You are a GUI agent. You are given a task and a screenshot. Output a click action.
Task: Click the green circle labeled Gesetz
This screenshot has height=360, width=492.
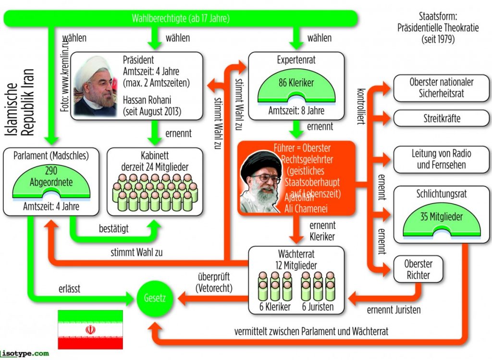[x=154, y=298]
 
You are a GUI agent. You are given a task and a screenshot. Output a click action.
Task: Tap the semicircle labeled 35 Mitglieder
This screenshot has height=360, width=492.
[x=441, y=221]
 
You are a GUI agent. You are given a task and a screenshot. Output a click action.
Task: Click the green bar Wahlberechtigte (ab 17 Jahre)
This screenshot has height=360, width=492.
[x=181, y=19]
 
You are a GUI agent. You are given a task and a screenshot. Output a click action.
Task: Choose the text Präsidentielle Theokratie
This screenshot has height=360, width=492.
[x=438, y=28]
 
